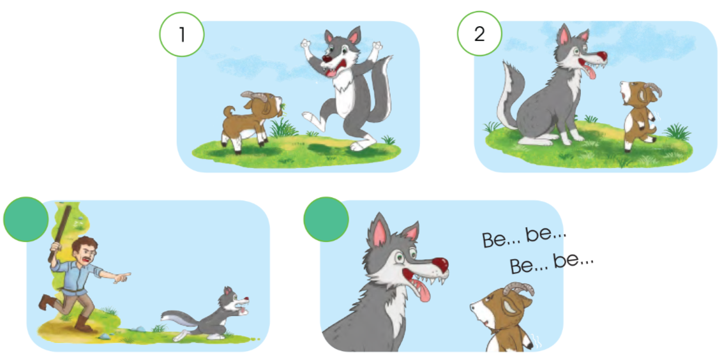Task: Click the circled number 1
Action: click(182, 34)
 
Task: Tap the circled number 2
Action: click(479, 34)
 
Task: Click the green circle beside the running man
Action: click(26, 220)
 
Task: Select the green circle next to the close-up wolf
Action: click(326, 220)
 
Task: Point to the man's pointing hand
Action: click(123, 276)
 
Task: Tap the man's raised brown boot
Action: click(45, 301)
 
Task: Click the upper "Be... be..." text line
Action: click(523, 237)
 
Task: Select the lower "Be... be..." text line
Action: click(552, 264)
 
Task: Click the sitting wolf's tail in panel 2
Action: click(509, 96)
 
